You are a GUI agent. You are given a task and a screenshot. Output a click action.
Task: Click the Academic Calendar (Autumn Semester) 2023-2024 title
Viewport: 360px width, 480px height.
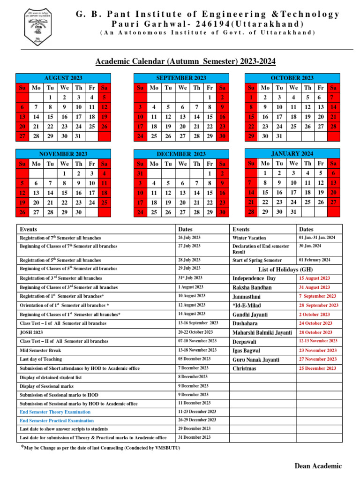(186, 61)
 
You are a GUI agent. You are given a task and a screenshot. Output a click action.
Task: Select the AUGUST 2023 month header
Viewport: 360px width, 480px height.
(63, 78)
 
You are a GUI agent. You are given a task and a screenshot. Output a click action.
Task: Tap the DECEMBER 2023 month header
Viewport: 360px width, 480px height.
(181, 154)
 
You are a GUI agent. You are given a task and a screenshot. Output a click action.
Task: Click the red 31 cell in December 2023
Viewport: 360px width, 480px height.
(140, 173)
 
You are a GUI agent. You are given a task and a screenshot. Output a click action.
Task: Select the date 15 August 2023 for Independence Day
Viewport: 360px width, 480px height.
(315, 278)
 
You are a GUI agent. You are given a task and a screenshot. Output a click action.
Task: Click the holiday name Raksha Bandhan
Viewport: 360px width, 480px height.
(252, 287)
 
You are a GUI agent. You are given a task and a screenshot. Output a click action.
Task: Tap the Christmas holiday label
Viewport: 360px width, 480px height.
(245, 368)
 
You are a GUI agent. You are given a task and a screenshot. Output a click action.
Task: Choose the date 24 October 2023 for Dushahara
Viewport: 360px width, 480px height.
(315, 323)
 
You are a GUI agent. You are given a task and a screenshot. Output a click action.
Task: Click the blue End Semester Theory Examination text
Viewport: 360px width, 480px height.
(55, 412)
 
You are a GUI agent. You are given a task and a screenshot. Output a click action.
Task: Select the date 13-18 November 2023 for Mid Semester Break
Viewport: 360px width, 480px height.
(197, 350)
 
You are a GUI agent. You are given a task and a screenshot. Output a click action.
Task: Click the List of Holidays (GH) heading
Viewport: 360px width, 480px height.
(286, 269)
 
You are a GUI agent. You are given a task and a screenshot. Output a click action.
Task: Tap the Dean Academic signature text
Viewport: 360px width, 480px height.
(318, 466)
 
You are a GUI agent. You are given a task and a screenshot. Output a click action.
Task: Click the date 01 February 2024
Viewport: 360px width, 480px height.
(315, 260)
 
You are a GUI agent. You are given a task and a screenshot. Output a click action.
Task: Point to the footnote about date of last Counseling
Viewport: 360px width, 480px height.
(101, 448)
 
